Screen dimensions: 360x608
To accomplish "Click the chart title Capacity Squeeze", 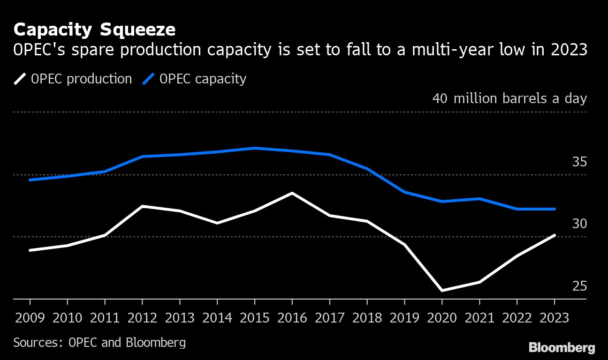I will tap(94, 30).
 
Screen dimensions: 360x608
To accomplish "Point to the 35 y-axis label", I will tap(579, 162).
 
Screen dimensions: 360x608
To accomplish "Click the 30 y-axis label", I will tap(579, 224).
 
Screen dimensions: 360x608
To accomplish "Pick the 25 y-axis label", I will tap(579, 286).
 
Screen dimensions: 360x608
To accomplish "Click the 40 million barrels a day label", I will tap(509, 99).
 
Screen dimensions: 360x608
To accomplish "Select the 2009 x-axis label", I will tap(30, 318).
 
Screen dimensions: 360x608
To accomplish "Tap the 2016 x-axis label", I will tap(292, 318).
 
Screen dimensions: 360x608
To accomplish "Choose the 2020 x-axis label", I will tap(442, 318).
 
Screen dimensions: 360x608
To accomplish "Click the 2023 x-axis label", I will tap(554, 318).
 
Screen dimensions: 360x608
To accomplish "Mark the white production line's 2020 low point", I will tap(442, 291).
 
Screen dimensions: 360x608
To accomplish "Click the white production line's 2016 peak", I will tap(292, 193).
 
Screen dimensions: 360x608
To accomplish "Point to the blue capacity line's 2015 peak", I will tap(255, 148).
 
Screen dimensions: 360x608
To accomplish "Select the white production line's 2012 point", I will tap(142, 206).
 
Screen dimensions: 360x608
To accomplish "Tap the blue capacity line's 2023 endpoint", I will tap(555, 209).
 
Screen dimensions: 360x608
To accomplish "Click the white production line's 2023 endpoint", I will tap(555, 235).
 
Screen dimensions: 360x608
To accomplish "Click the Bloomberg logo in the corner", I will tap(562, 348).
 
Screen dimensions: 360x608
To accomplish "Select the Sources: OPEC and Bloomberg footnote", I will tap(99, 343).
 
